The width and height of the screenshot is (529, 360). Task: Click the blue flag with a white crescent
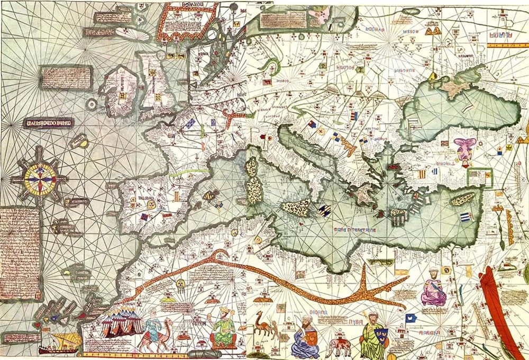[x=409, y=318]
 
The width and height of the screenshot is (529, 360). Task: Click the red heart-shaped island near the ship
[x=38, y=323]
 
